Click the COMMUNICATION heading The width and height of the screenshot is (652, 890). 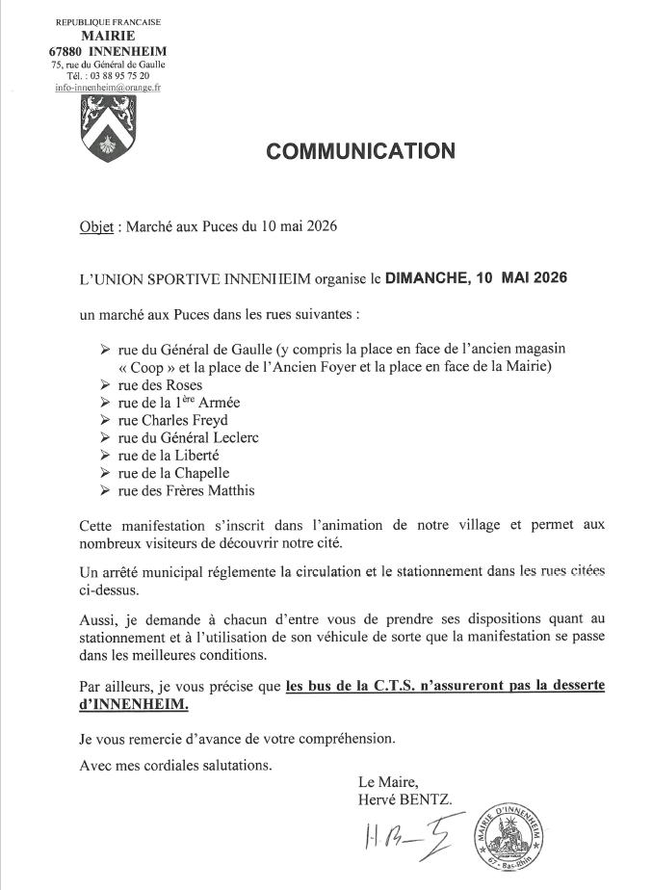point(359,151)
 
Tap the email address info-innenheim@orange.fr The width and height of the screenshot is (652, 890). point(108,87)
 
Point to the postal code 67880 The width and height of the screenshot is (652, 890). point(66,49)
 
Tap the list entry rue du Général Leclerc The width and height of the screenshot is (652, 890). point(189,437)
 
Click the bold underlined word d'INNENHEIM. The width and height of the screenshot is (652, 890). point(136,704)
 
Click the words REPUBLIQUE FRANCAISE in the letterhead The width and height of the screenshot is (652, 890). point(108,21)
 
